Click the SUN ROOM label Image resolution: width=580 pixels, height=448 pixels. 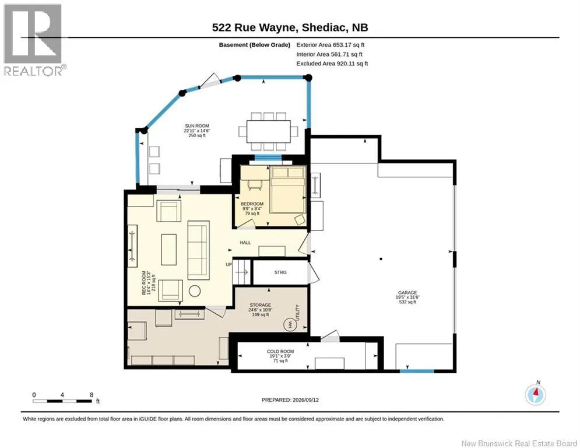click(x=197, y=126)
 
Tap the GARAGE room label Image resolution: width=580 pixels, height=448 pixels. click(x=407, y=292)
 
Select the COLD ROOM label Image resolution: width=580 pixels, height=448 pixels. click(x=280, y=351)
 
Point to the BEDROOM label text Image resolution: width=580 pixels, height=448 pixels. click(x=252, y=204)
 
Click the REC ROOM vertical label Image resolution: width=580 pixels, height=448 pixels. click(x=144, y=283)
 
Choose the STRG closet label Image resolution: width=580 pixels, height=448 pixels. click(x=280, y=272)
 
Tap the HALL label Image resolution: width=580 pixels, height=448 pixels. click(x=245, y=243)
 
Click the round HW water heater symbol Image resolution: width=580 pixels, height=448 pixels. click(x=290, y=325)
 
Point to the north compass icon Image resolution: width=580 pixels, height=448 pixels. click(x=535, y=394)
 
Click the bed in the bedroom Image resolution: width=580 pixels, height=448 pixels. click(x=288, y=189)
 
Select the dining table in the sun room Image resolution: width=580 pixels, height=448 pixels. click(x=269, y=131)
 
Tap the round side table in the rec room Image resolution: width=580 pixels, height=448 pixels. click(x=195, y=290)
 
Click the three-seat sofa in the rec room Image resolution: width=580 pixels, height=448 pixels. click(x=199, y=250)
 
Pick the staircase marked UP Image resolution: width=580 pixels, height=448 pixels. click(x=241, y=272)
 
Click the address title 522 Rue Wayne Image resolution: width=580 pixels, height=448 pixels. click(x=255, y=27)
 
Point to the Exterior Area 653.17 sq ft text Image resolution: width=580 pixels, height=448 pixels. click(x=331, y=45)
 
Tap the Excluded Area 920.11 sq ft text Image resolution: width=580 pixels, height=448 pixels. click(x=332, y=64)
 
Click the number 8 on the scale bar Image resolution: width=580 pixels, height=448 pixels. click(x=92, y=395)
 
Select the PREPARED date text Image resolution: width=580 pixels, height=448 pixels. click(x=290, y=400)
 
